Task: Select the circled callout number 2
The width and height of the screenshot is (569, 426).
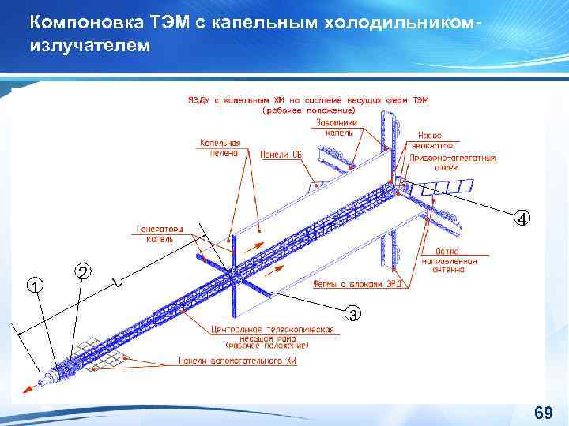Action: coord(84,271)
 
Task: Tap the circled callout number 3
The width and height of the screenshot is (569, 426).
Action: coord(355,315)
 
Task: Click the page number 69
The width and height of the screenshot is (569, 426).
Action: coord(543,413)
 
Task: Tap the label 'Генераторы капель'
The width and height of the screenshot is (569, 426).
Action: coord(160,234)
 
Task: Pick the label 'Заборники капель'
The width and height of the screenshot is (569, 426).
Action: coord(337,127)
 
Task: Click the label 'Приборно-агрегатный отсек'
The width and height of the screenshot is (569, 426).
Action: coord(453,163)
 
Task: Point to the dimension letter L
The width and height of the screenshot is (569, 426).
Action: coord(117,281)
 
